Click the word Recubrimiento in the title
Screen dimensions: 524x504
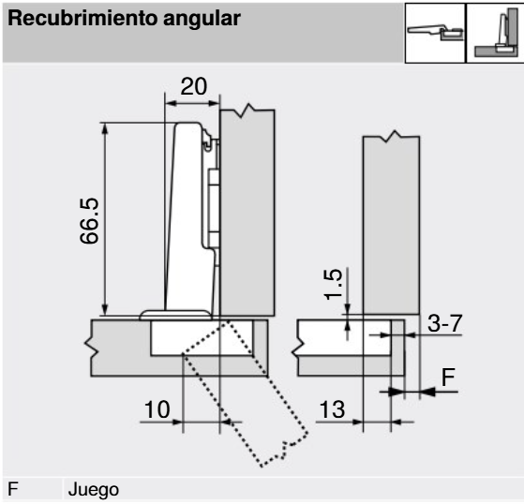tap(82, 18)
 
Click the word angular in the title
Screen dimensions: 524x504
tap(202, 20)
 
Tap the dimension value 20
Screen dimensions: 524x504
tap(194, 86)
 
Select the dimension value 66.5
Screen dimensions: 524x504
tap(90, 221)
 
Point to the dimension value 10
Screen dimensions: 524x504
tap(157, 409)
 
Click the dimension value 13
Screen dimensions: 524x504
tap(332, 409)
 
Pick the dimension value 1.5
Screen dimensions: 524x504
tap(333, 284)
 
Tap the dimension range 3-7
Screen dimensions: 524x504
tap(445, 323)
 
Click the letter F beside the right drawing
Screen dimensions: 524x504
tap(448, 378)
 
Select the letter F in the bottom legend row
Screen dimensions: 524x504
tap(13, 489)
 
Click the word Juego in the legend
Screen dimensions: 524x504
tap(94, 490)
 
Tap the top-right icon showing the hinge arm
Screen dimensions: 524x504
tap(435, 33)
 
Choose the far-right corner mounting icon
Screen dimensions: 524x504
tap(495, 33)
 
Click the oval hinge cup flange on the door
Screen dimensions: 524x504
tap(175, 315)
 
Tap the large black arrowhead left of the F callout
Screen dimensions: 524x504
tap(396, 392)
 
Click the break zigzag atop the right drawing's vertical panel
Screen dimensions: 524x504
tap(391, 136)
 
